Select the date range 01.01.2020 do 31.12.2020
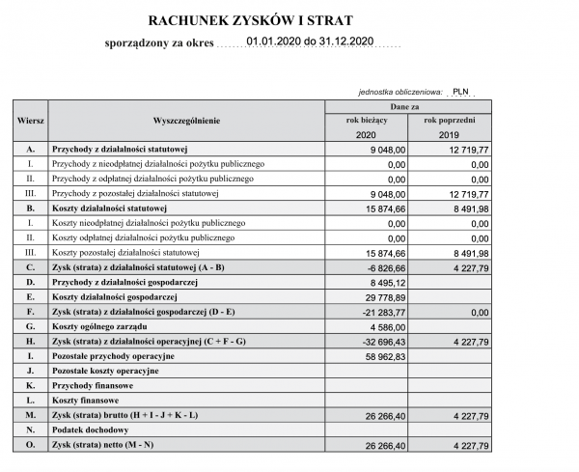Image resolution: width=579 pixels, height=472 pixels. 309,42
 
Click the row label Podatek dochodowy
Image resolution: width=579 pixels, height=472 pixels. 91,430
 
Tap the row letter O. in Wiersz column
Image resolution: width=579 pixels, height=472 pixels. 31,444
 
